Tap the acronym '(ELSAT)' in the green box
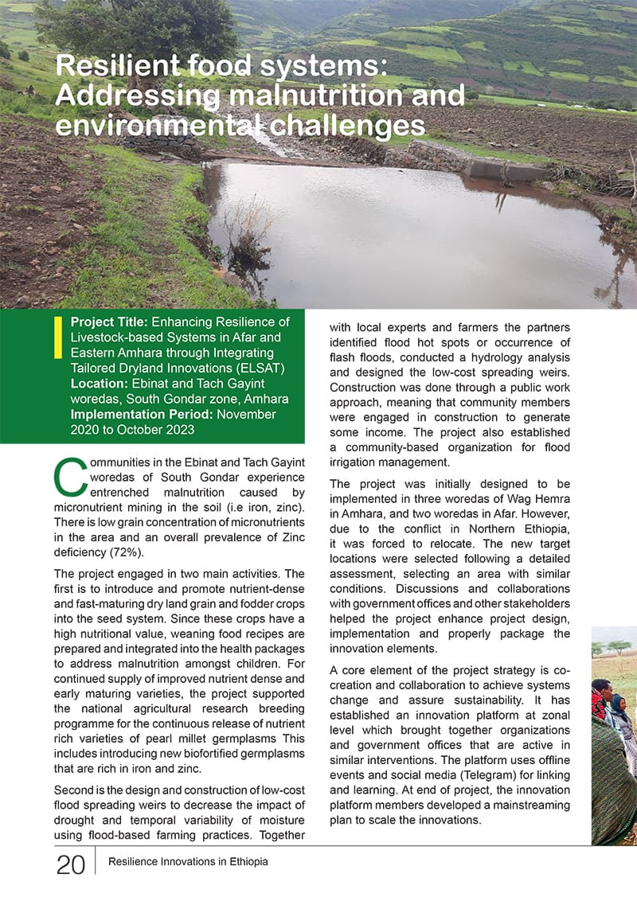point(258,369)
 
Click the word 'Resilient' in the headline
point(118,66)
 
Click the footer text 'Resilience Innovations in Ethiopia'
point(188,862)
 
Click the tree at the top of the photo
point(135,28)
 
